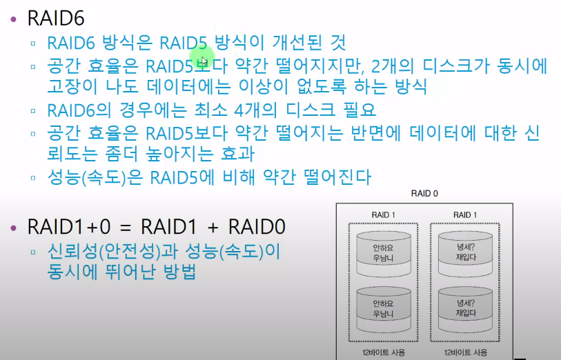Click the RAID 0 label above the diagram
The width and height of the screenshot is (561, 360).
point(424,194)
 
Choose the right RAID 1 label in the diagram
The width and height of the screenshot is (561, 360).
point(465,214)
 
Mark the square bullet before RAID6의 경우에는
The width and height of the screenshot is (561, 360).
point(33,110)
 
